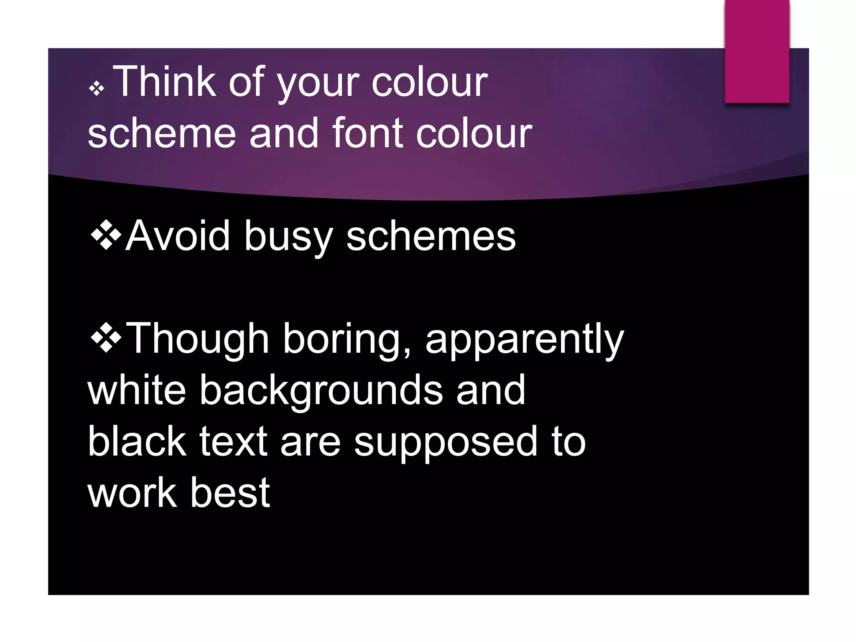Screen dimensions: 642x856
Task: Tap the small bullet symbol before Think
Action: click(x=97, y=88)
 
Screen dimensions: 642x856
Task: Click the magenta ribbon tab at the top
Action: click(x=757, y=51)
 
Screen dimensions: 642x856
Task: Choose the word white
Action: click(x=137, y=390)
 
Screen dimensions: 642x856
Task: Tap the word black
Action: click(x=137, y=441)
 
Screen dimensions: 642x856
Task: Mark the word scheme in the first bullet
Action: click(x=162, y=132)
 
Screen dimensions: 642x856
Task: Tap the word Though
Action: click(x=197, y=340)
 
